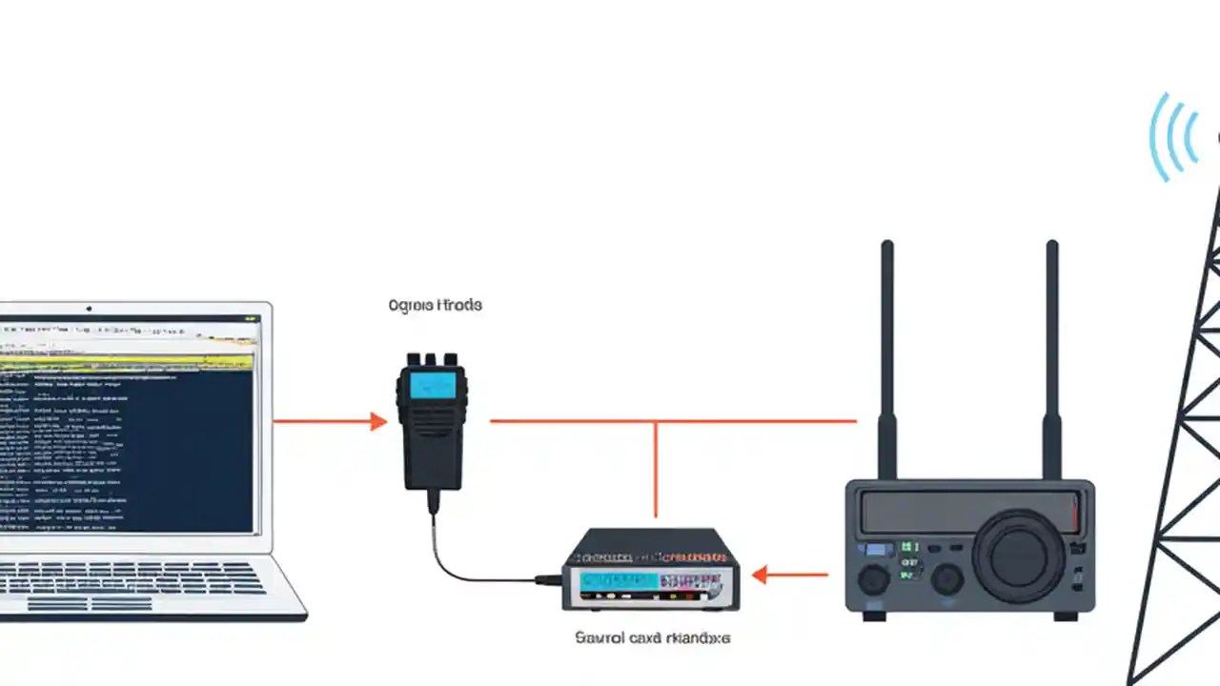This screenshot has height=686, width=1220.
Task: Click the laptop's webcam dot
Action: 90,309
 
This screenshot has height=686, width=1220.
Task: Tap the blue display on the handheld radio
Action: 433,385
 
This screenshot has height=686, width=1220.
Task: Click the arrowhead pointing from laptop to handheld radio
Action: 378,421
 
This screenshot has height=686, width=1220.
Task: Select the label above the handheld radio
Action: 436,306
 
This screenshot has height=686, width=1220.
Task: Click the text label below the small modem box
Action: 653,637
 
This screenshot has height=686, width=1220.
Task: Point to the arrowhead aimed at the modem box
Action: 760,575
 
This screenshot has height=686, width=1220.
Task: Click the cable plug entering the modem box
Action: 548,579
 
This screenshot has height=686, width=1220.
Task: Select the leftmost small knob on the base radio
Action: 872,579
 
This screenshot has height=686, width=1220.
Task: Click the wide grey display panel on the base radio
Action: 963,513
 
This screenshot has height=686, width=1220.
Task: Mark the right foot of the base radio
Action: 1066,615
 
